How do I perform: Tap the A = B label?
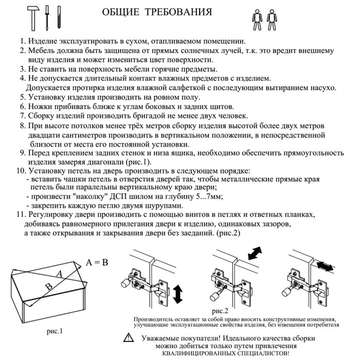97,262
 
